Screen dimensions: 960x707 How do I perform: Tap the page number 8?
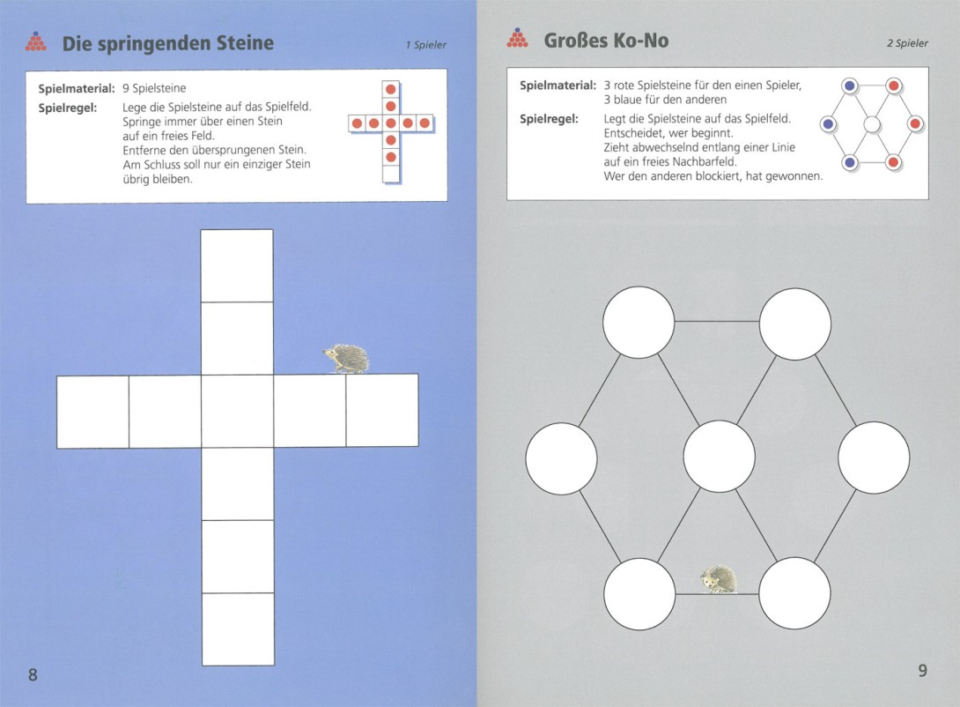[33, 674]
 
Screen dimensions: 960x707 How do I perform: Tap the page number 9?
[923, 671]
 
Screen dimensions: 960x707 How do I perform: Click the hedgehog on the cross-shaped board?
[346, 359]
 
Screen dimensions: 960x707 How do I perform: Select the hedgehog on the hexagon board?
[719, 579]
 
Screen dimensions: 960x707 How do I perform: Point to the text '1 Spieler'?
[426, 45]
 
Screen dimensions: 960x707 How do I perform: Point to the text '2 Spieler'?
[907, 43]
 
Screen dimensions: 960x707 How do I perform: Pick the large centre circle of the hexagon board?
[719, 457]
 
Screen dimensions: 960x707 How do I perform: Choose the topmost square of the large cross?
[237, 266]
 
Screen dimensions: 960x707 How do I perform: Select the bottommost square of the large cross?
[238, 629]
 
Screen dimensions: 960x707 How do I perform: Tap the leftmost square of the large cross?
[93, 412]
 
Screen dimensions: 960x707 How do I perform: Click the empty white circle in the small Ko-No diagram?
[872, 125]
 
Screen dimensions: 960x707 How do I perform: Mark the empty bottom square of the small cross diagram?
[391, 174]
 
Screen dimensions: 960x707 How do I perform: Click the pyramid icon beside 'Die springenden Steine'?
[36, 41]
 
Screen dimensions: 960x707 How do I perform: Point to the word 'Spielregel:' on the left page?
[67, 108]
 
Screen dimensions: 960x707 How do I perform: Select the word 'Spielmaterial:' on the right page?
[558, 86]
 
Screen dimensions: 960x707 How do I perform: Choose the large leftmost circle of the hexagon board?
[561, 458]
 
